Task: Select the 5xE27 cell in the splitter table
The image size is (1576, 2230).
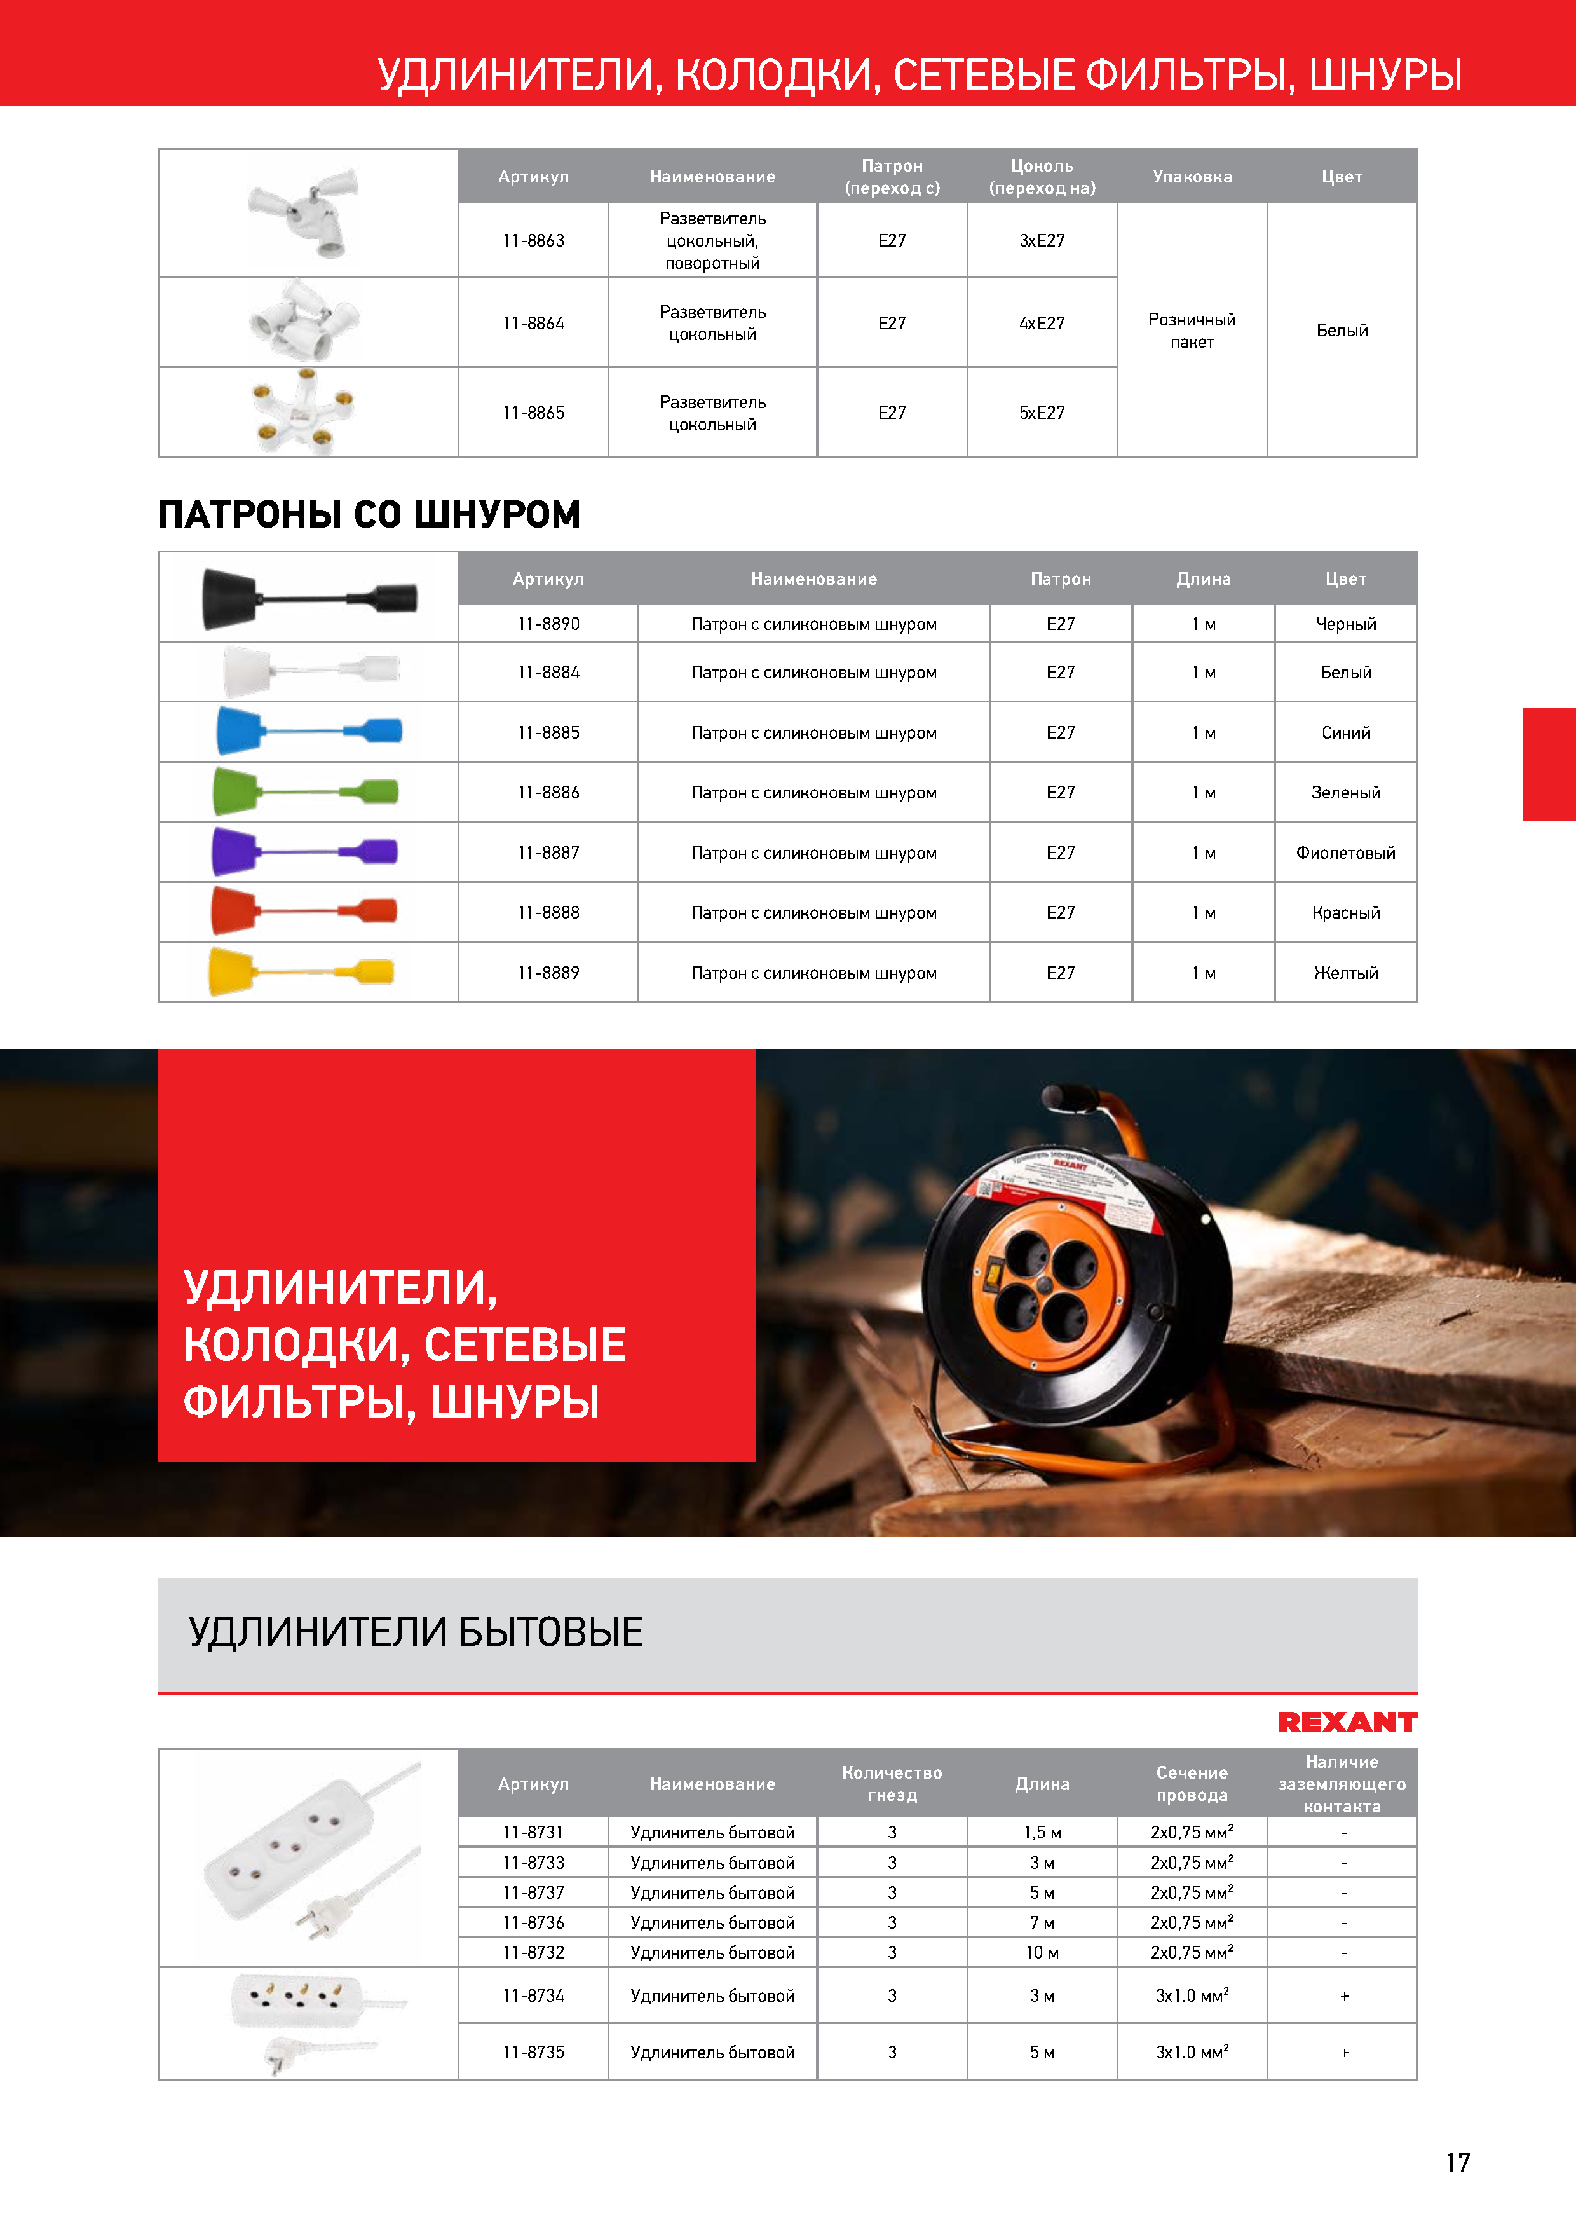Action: click(1042, 413)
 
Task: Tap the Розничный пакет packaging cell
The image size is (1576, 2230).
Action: click(1192, 330)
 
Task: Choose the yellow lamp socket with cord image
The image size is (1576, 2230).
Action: click(301, 971)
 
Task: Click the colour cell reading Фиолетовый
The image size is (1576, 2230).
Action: click(1345, 852)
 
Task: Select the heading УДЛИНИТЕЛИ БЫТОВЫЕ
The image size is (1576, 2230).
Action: click(416, 1632)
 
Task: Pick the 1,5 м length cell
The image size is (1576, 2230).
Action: click(1042, 1833)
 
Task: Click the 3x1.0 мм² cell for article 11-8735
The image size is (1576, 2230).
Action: click(1192, 2052)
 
